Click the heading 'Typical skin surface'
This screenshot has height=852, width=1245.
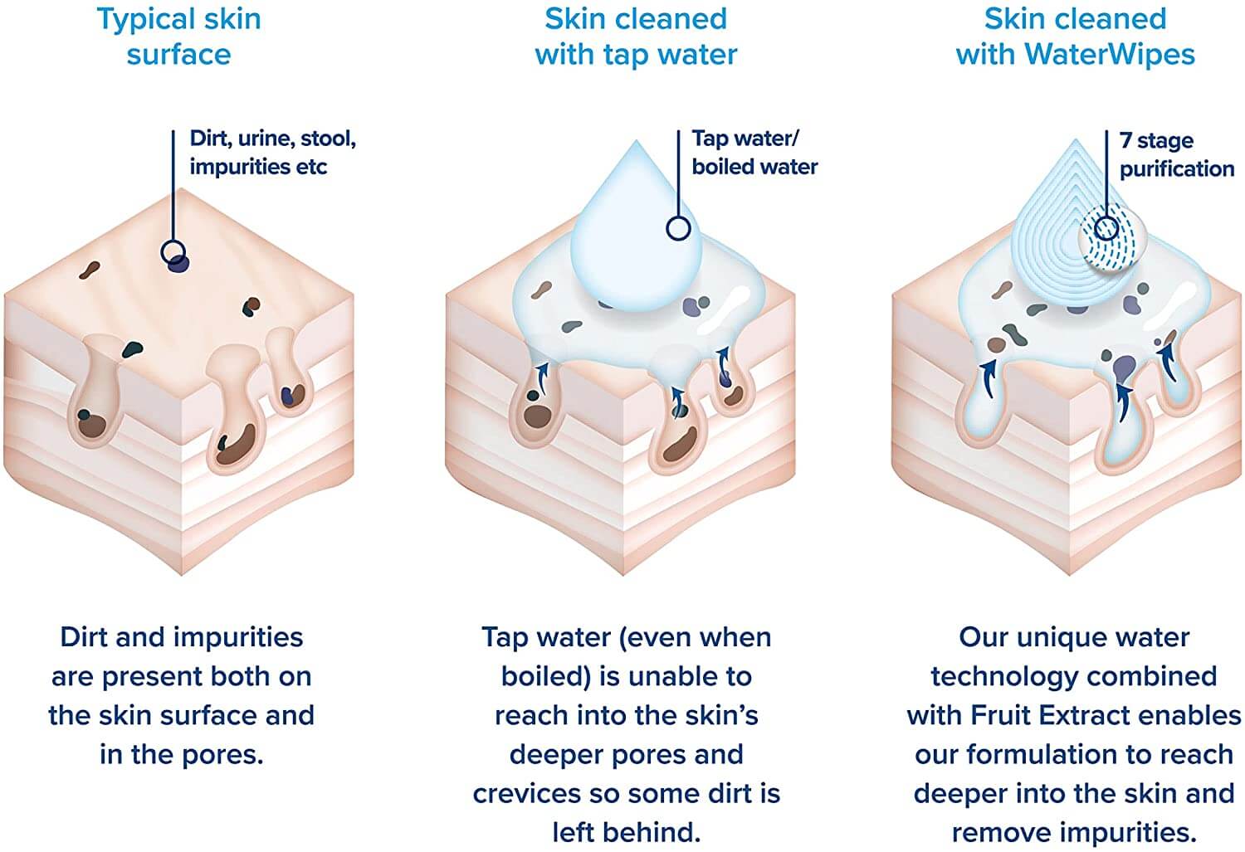click(x=179, y=37)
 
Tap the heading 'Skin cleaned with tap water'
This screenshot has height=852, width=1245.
click(x=636, y=37)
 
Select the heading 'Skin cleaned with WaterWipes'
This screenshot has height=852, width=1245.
click(x=1075, y=37)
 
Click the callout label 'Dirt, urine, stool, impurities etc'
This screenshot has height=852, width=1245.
click(x=272, y=152)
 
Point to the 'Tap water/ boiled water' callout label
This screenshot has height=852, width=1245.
click(x=754, y=152)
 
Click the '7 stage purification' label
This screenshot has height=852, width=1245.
click(x=1177, y=154)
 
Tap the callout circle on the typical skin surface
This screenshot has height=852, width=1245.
click(x=173, y=253)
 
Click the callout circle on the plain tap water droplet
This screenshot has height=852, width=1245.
click(x=678, y=227)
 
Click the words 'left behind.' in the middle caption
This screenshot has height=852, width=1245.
click(x=627, y=833)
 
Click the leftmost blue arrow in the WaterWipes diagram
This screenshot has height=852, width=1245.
click(x=987, y=379)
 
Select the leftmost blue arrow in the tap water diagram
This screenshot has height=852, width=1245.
click(x=541, y=376)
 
